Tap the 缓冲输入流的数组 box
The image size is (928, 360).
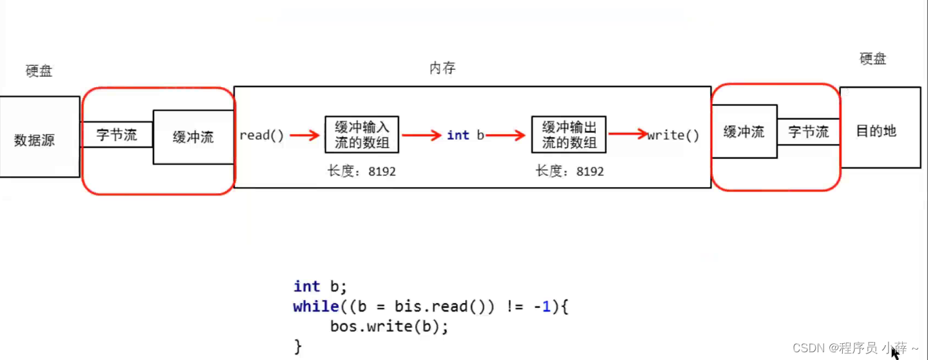click(362, 134)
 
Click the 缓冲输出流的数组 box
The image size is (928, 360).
click(569, 134)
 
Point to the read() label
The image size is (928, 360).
click(261, 135)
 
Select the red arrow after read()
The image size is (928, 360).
click(304, 135)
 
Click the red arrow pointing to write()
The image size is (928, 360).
click(627, 134)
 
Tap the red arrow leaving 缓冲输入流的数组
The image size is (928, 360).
click(422, 135)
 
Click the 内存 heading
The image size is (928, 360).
click(442, 68)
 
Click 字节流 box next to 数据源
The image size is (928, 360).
click(117, 135)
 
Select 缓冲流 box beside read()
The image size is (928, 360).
click(193, 137)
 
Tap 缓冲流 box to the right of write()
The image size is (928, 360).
click(744, 132)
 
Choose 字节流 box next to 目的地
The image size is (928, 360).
click(808, 132)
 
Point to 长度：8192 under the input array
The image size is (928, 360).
click(362, 171)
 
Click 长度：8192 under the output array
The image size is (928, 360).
click(569, 171)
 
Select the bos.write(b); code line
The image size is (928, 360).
click(389, 326)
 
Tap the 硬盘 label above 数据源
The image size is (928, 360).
click(39, 71)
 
